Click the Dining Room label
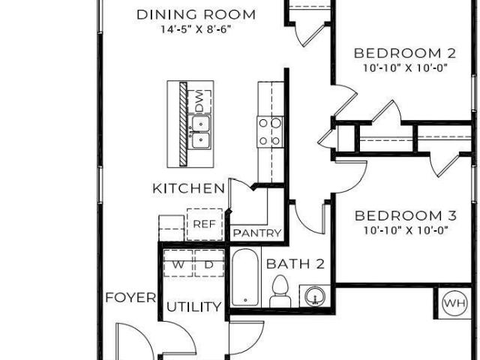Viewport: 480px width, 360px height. coord(196,15)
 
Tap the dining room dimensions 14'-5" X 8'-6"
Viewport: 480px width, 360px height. coord(196,29)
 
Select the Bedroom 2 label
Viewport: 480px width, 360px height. coord(405,53)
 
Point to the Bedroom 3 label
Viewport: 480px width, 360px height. coord(406,216)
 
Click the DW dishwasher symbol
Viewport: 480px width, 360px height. coord(199,101)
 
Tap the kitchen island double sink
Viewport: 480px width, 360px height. coord(201,132)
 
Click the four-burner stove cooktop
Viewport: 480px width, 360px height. coord(270,132)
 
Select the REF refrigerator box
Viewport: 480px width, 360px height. coord(205,224)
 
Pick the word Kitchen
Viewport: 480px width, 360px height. coord(188,188)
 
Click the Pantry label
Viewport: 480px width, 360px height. coord(257,233)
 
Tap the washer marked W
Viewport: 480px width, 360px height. coord(178,263)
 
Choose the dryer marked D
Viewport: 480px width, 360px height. coord(209,263)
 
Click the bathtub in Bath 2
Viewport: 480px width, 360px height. coord(245,277)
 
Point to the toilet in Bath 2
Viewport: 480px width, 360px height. coord(280,291)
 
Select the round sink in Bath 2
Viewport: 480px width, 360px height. coord(315,296)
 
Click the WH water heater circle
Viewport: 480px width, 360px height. coord(455,303)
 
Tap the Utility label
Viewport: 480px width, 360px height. coord(193,307)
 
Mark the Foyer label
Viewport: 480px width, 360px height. coord(130,298)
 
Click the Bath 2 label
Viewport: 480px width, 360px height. coord(295,264)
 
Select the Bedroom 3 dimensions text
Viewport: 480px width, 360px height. coord(406,230)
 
